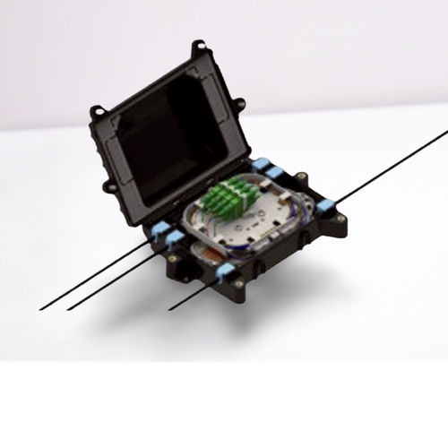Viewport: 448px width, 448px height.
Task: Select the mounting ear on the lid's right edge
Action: click(x=239, y=106)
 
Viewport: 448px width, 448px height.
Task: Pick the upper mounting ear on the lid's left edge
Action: click(x=97, y=112)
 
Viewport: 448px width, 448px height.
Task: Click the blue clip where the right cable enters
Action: click(x=324, y=205)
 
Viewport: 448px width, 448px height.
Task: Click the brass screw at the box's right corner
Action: click(x=340, y=218)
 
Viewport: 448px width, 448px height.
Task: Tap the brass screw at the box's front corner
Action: click(x=239, y=285)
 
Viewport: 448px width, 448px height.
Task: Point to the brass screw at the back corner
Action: click(x=302, y=177)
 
